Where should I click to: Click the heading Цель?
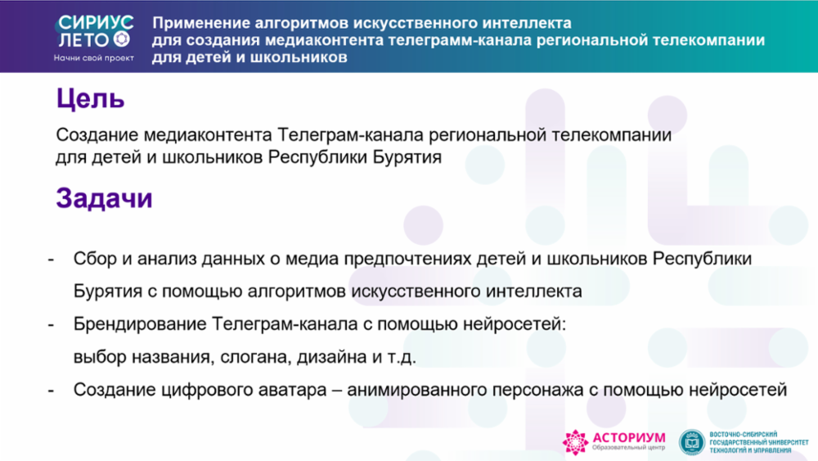pyautogui.click(x=90, y=99)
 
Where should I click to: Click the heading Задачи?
pyautogui.click(x=105, y=198)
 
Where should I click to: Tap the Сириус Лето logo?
pyautogui.click(x=95, y=32)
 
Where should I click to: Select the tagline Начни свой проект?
pyautogui.click(x=94, y=58)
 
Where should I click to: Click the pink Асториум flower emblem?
pyautogui.click(x=575, y=442)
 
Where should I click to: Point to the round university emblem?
pyautogui.click(x=692, y=442)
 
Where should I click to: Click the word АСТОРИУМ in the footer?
pyautogui.click(x=629, y=437)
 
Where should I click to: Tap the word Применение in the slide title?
pyautogui.click(x=200, y=24)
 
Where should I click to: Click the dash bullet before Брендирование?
pyautogui.click(x=51, y=325)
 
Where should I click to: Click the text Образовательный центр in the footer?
pyautogui.click(x=628, y=448)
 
